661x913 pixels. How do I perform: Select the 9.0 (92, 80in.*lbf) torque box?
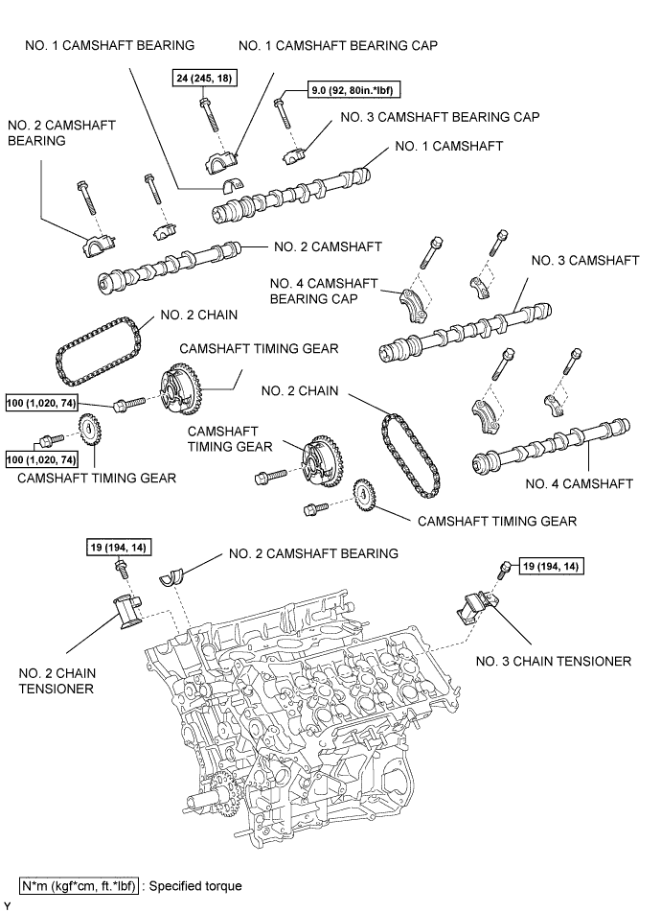click(354, 90)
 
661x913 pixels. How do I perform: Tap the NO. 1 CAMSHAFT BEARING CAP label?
click(338, 45)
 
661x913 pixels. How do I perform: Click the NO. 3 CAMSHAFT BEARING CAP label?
click(440, 117)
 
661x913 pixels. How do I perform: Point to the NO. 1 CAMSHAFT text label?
click(448, 146)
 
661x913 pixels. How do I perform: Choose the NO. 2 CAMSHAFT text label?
click(328, 246)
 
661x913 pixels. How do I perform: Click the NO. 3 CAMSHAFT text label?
click(585, 260)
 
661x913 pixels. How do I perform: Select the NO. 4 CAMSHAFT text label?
click(579, 483)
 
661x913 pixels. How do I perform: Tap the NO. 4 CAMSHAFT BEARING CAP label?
click(324, 292)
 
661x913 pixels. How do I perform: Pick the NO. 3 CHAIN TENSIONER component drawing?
click(477, 608)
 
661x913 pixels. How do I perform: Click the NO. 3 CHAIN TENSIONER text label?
click(554, 662)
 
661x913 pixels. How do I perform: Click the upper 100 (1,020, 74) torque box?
click(41, 403)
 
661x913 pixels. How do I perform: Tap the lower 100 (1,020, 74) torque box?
click(41, 459)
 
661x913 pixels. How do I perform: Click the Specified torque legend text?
click(195, 886)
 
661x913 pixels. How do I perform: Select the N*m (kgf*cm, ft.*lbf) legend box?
click(80, 886)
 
